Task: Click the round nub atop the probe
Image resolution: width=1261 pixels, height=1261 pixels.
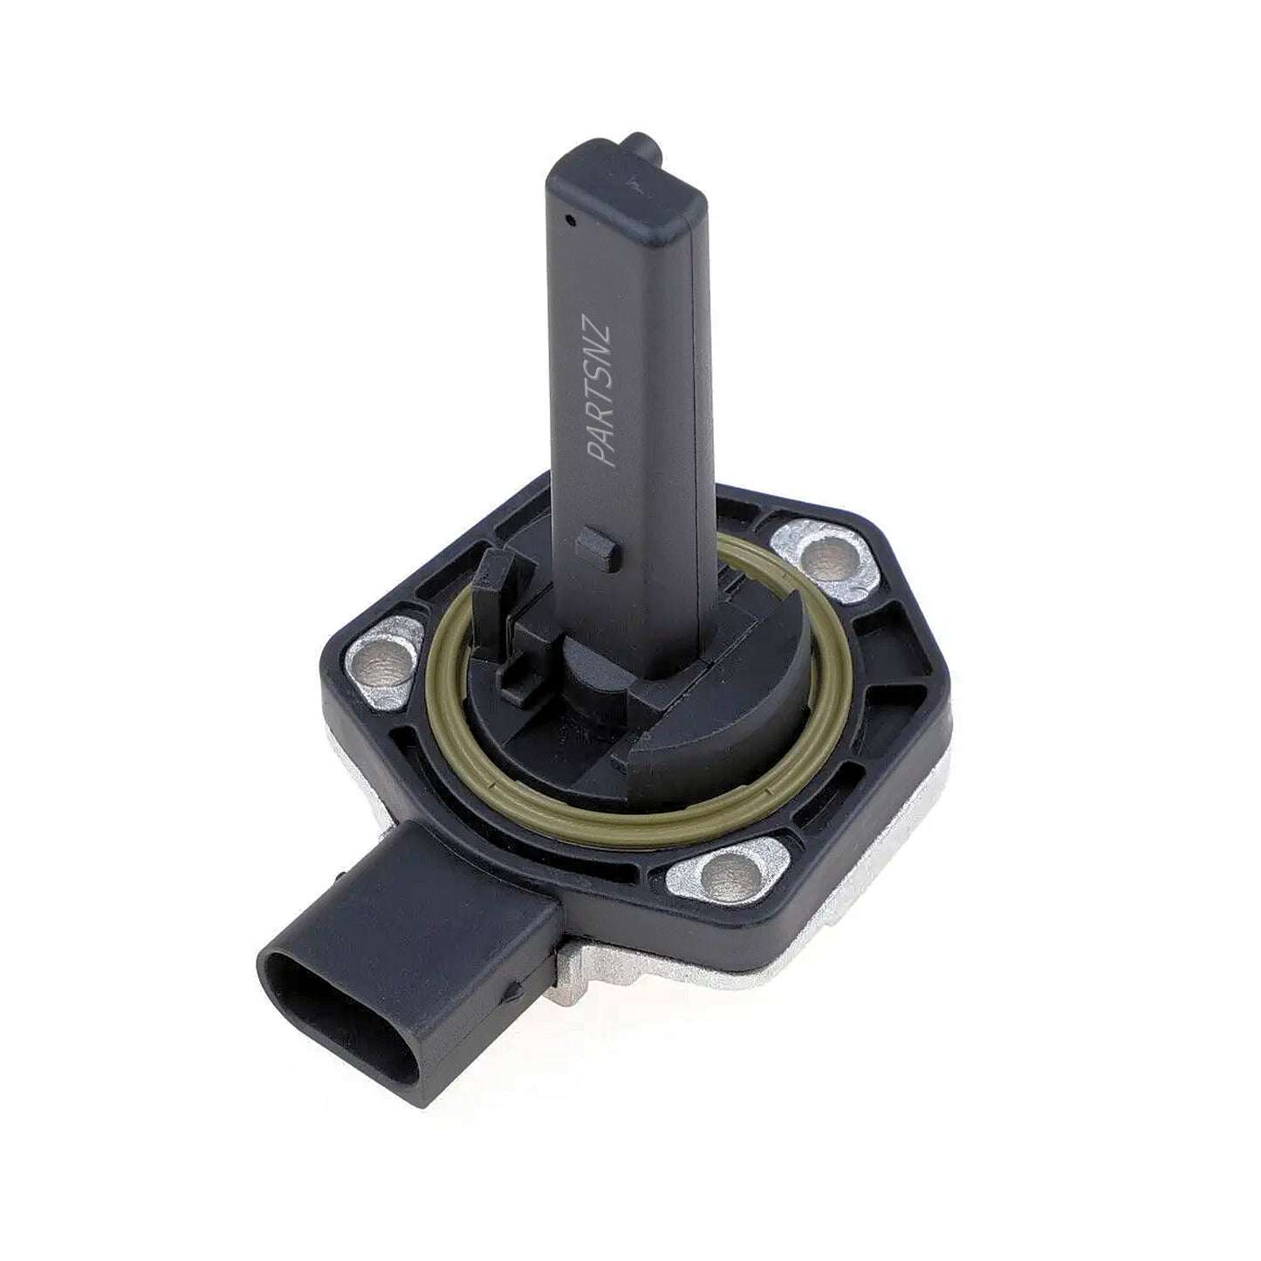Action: tap(641, 142)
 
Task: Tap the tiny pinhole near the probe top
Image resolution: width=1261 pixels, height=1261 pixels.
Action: tap(569, 220)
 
